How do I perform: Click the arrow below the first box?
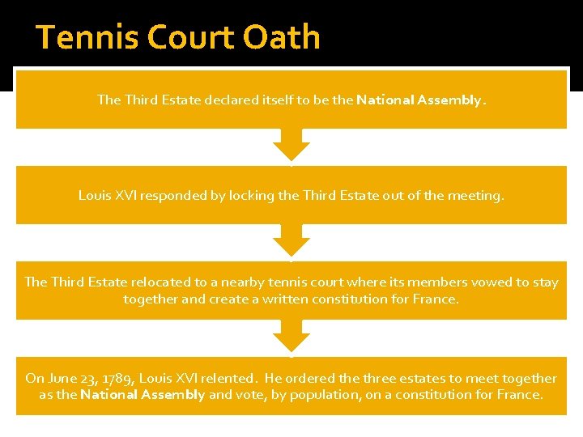pos(291,145)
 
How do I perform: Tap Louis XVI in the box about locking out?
pos(106,195)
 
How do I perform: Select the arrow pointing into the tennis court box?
pos(291,240)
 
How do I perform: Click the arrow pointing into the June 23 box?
pos(291,336)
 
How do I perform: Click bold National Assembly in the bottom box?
pos(142,394)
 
